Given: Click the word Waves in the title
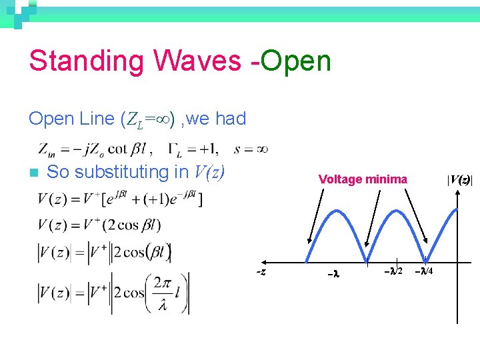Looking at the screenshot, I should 197,61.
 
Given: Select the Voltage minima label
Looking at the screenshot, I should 363,179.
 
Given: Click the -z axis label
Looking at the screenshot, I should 262,271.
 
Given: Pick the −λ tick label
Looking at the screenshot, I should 334,273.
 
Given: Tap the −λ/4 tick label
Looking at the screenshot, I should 425,271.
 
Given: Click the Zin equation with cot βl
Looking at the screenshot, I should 93,148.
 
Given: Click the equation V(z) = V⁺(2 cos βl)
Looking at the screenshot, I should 99,225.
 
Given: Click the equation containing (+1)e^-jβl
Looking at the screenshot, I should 120,198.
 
